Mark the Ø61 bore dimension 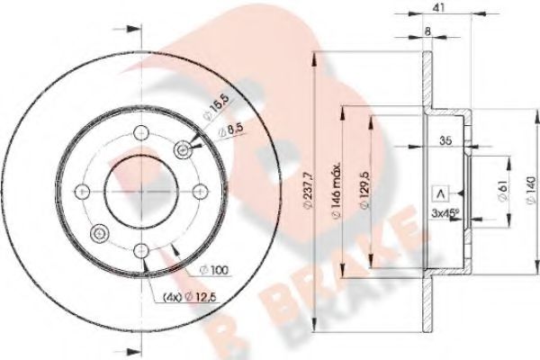point(499,190)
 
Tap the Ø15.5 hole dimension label point(213,112)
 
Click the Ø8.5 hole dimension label point(235,132)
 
